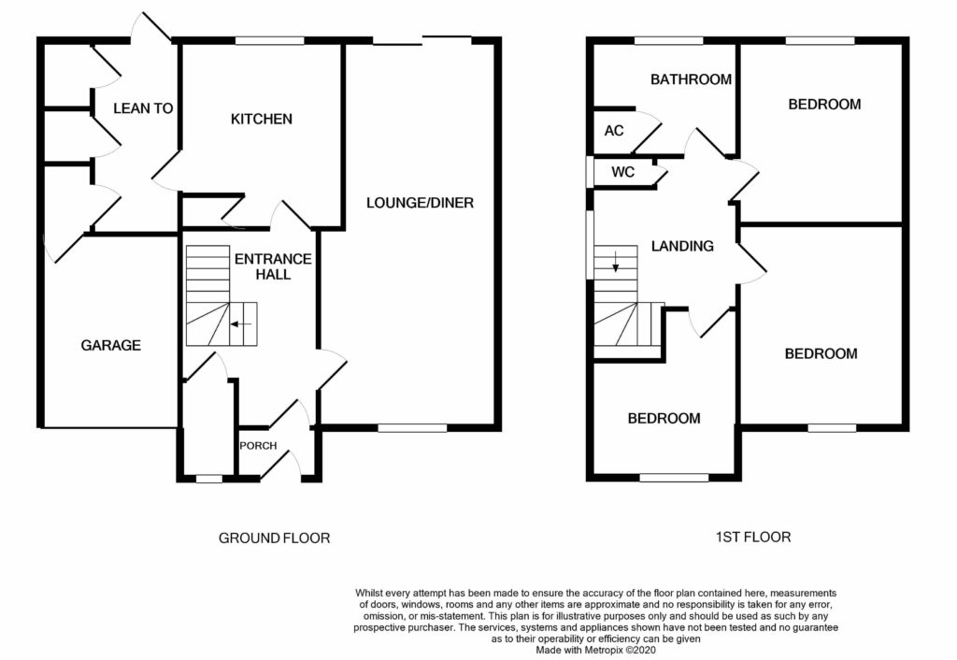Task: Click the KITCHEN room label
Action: (x=262, y=119)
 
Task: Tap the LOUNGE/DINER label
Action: (x=420, y=203)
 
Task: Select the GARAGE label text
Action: (x=111, y=346)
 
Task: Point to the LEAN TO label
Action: (x=143, y=108)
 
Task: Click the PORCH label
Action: (x=258, y=446)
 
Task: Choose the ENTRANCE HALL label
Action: (x=273, y=266)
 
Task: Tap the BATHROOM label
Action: (x=691, y=79)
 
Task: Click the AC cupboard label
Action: (x=614, y=131)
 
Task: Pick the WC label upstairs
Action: (x=623, y=172)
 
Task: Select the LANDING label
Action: (x=682, y=246)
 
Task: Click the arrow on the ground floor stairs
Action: (x=242, y=324)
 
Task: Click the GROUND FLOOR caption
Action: (x=274, y=538)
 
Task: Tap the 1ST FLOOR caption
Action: (x=753, y=538)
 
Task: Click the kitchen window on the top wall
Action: (x=270, y=41)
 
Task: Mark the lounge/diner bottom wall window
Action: (x=412, y=428)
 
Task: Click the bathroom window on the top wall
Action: (x=668, y=41)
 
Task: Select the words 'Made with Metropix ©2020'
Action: (x=595, y=651)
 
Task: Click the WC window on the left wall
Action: (x=590, y=172)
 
